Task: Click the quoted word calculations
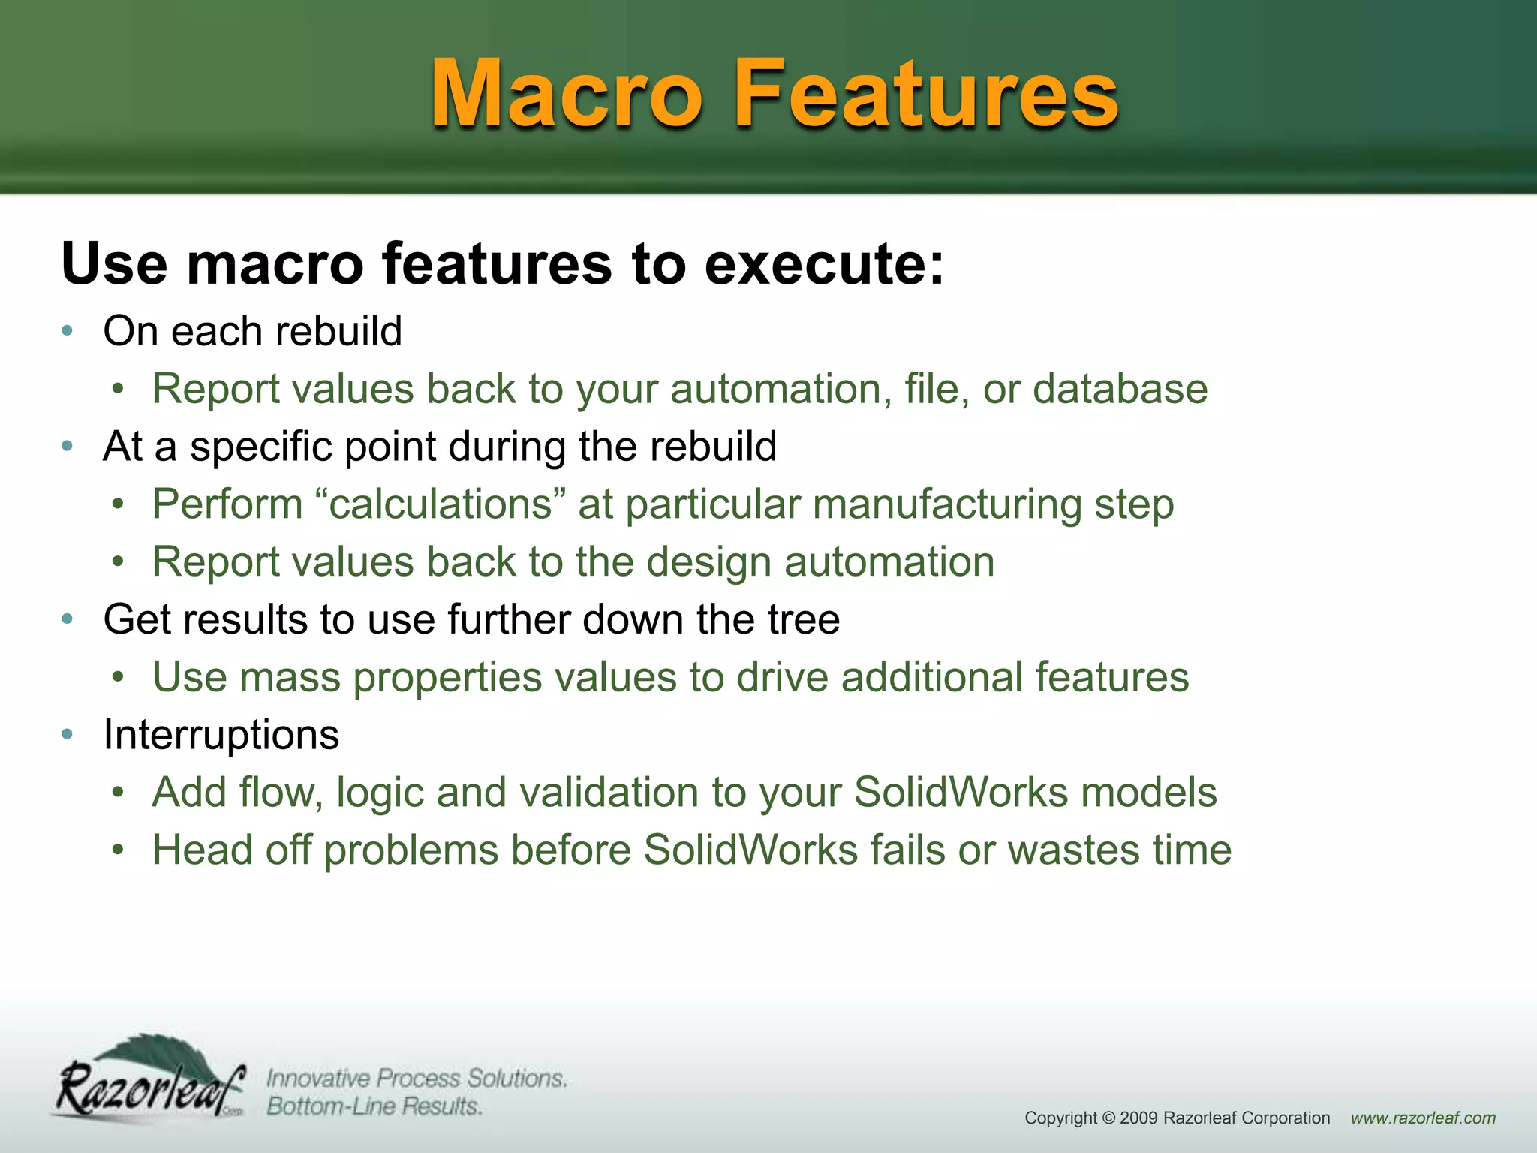point(441,504)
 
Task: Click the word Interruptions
point(221,734)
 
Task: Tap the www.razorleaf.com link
point(1423,1118)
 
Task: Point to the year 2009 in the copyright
point(1138,1118)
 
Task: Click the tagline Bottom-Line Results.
point(374,1106)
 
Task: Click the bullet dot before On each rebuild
point(68,331)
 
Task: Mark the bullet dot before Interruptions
point(68,734)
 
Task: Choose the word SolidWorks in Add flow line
point(961,793)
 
